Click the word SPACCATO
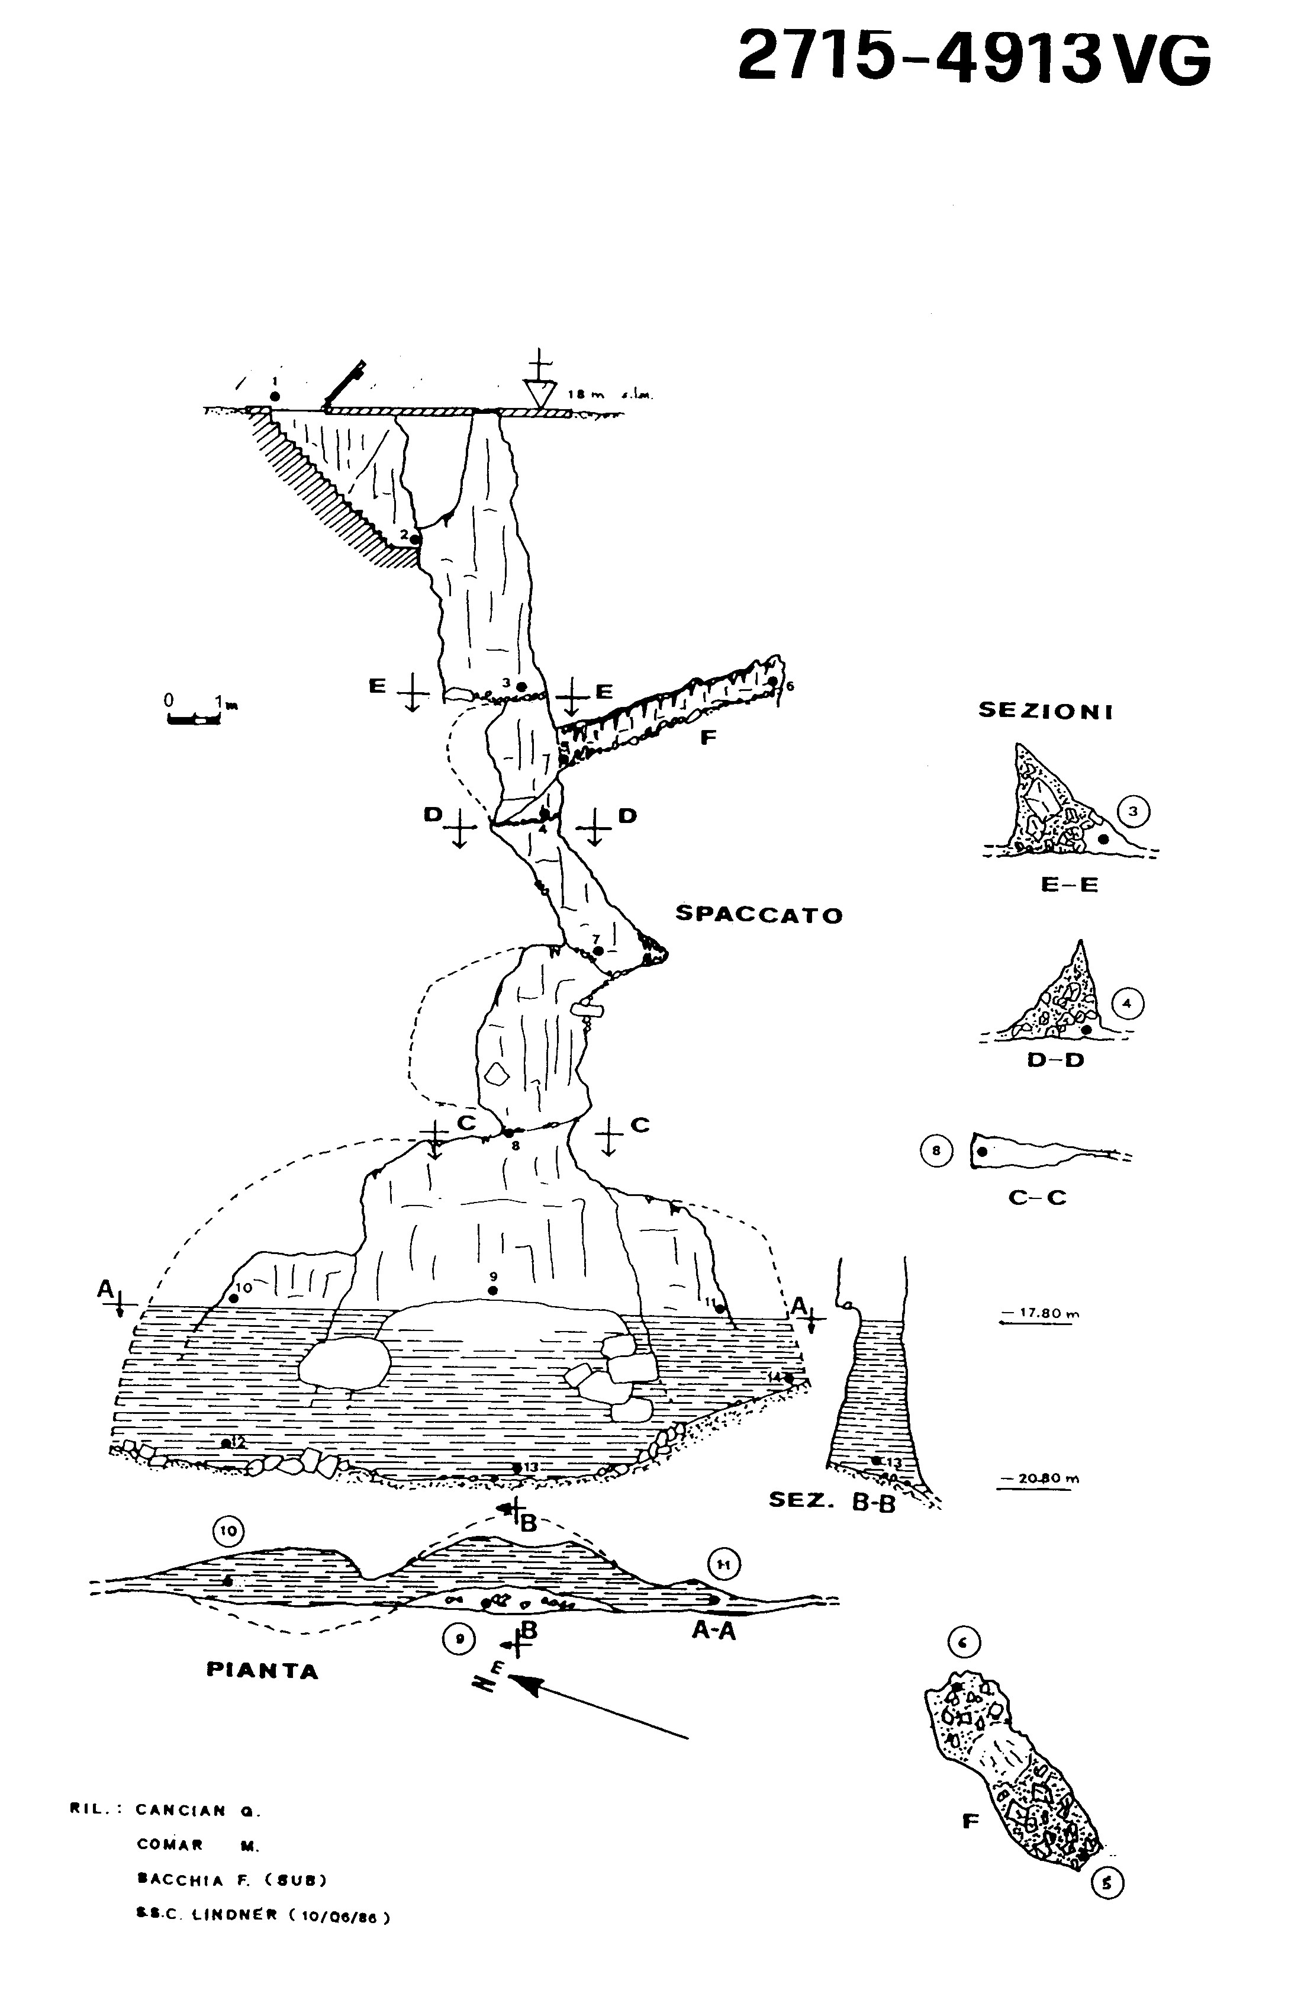(758, 914)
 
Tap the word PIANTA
(263, 1671)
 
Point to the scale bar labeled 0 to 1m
(193, 718)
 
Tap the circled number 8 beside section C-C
(936, 1150)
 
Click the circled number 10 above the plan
(228, 1531)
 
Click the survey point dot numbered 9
(492, 1291)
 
